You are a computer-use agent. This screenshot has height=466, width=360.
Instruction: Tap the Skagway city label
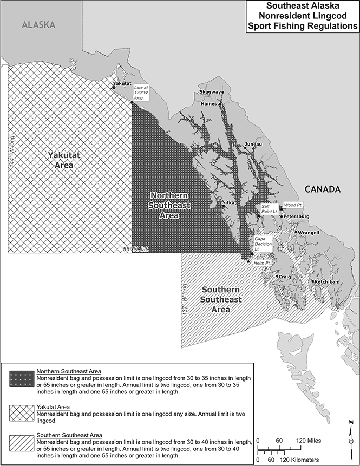tap(210, 92)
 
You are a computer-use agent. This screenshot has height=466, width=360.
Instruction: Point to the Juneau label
tap(253, 144)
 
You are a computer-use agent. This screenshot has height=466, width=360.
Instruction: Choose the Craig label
tap(285, 277)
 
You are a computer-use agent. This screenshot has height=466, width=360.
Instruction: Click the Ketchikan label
tap(326, 282)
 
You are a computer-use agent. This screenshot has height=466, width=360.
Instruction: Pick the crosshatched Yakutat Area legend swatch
tap(22, 412)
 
